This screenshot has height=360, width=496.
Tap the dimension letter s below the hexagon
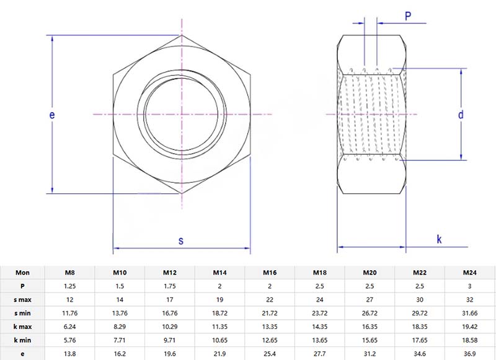point(181,240)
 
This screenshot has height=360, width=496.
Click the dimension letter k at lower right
point(439,239)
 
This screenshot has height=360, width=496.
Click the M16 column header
point(269,273)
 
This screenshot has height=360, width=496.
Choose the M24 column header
point(470,273)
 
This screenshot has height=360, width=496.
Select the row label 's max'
point(22,299)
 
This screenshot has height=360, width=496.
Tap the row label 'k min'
point(22,340)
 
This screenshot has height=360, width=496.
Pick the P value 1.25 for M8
point(70,286)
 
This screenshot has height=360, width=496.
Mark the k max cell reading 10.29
point(169,327)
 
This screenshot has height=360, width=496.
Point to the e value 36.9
point(470,354)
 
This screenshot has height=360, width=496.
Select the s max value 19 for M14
point(219,299)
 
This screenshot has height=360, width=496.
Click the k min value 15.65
point(370,340)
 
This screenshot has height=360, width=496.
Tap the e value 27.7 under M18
point(319,354)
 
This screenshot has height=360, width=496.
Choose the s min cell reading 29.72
point(420,313)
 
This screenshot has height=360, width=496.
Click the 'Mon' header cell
point(22,273)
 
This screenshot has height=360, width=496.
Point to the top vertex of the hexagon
point(182,35)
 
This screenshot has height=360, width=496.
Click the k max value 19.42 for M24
point(470,327)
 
